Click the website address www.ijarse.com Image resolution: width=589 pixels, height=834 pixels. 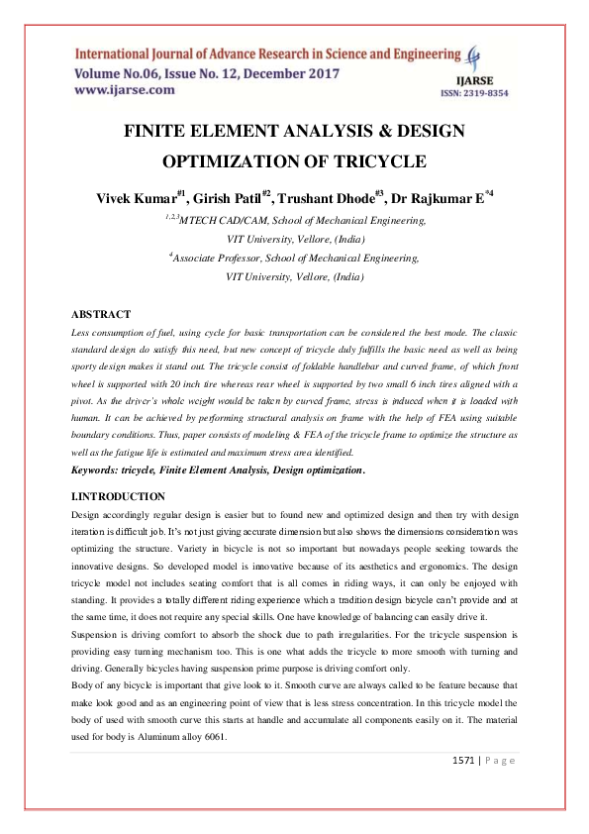point(125,90)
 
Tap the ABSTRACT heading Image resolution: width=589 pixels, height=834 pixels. point(102,314)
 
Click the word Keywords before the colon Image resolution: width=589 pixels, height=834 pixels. point(102,469)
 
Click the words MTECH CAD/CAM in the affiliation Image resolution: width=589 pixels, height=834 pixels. point(226,221)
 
